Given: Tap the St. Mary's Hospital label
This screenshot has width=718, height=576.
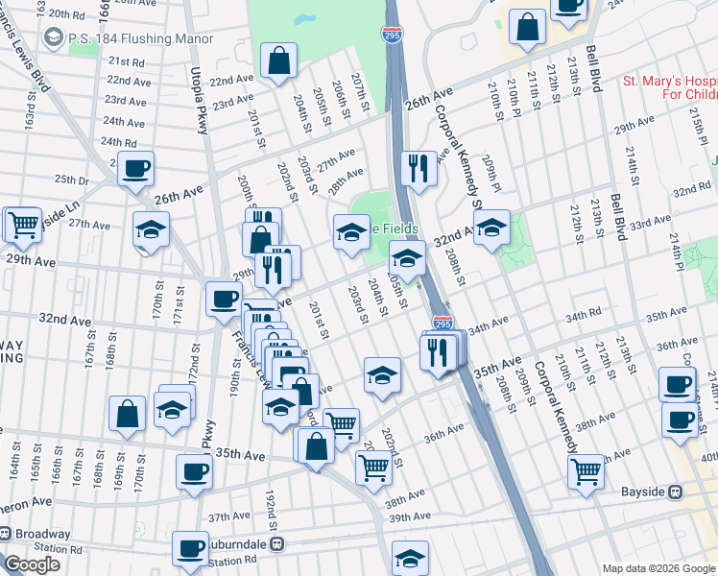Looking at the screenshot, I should [x=668, y=88].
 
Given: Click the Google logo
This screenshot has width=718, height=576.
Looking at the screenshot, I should [x=32, y=564].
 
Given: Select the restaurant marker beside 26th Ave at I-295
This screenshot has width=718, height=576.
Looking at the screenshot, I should [x=418, y=169].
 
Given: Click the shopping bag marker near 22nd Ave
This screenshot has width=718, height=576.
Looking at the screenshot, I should [x=278, y=61].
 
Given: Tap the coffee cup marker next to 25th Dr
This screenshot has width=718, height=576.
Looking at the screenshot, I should [x=135, y=169].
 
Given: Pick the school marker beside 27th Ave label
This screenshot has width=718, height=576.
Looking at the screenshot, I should [x=152, y=230].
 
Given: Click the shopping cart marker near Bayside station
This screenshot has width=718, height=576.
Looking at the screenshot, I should [x=586, y=470].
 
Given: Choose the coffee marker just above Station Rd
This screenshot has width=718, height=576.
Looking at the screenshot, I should [x=190, y=549].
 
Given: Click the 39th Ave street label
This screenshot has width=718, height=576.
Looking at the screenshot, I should [x=410, y=518].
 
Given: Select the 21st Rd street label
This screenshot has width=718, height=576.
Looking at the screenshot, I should [x=126, y=60].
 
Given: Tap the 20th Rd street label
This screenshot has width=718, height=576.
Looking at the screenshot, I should [x=66, y=14].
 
